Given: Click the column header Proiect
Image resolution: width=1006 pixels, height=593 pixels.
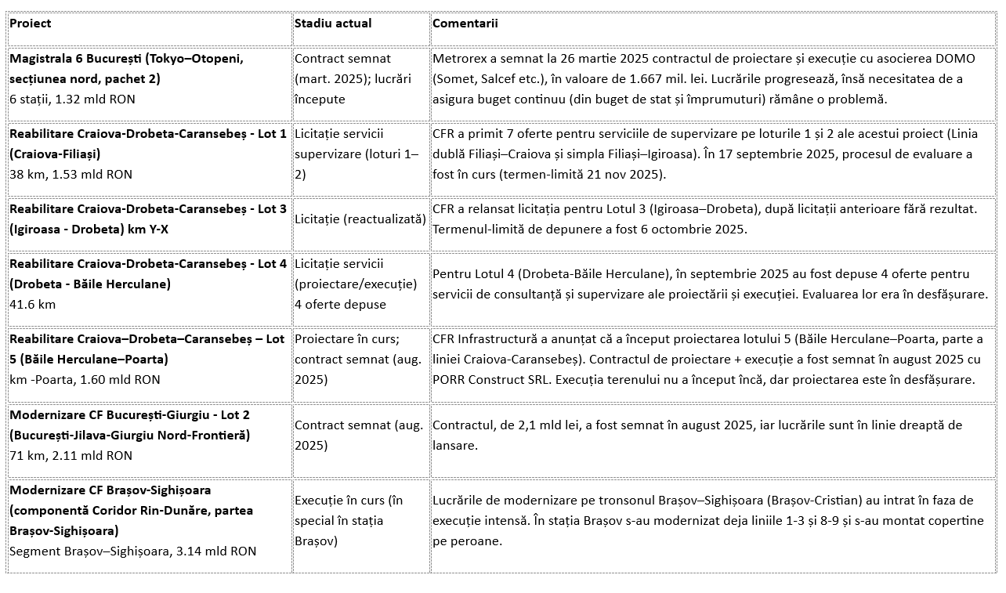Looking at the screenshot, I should point(30,24).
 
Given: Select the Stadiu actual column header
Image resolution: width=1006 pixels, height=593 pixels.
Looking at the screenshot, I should point(333,24).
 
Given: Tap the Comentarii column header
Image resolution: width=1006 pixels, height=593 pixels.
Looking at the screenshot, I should point(465,24).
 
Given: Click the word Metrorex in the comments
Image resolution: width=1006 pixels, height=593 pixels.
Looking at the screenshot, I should point(459,59).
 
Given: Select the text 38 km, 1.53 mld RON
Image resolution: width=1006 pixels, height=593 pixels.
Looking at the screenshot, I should point(71,175).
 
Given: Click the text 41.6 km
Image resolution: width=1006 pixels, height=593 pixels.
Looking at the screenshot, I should point(33,305).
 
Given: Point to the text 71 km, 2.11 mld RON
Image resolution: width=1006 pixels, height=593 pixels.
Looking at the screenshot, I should point(71,456).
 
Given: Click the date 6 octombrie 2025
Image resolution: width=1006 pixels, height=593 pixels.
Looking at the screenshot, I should point(691,230).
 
